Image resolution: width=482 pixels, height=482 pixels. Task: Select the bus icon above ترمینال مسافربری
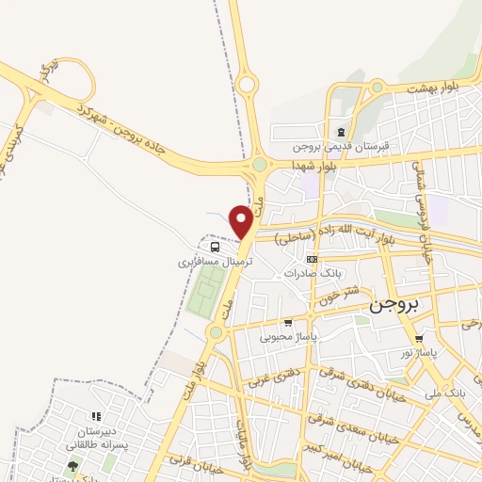pos(215,248)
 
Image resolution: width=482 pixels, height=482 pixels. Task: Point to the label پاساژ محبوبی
pos(314,335)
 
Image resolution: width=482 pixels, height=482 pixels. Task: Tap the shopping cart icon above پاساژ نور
pos(419,338)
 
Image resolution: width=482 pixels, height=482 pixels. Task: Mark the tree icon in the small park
pos(72,465)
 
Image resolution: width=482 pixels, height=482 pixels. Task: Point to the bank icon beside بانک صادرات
pos(313,259)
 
